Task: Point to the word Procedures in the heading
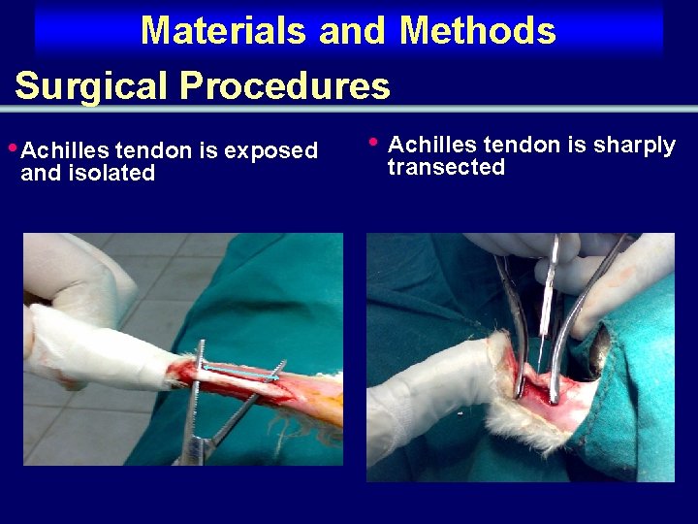[285, 86]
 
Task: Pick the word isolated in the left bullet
[112, 174]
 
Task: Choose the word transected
[446, 168]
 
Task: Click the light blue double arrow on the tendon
[239, 372]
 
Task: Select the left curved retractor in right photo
[514, 320]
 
